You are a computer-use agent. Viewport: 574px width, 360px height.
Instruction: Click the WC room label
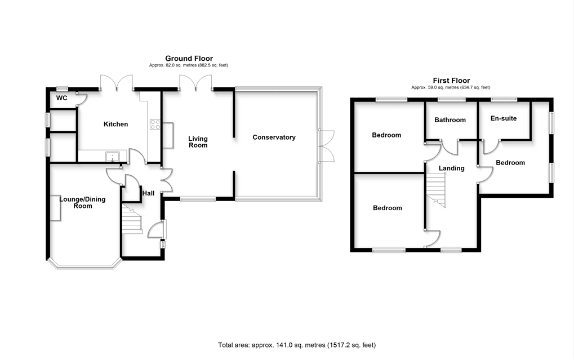pyautogui.click(x=62, y=98)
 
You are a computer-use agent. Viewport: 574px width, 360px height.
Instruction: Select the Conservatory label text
pyautogui.click(x=274, y=137)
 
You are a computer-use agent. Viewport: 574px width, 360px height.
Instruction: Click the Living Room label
pyautogui.click(x=198, y=142)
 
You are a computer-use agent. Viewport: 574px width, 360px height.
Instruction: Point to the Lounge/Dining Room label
pyautogui.click(x=82, y=202)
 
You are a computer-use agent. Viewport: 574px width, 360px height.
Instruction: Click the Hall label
pyautogui.click(x=148, y=193)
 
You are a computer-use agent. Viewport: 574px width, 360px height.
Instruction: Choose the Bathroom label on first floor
pyautogui.click(x=450, y=120)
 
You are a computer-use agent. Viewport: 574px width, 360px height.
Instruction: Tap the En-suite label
pyautogui.click(x=504, y=119)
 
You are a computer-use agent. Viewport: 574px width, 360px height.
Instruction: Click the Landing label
pyautogui.click(x=451, y=168)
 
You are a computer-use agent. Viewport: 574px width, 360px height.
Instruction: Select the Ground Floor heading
pyautogui.click(x=189, y=59)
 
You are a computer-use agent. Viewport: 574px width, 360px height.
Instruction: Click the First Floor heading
pyautogui.click(x=451, y=81)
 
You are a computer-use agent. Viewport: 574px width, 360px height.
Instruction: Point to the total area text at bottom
pyautogui.click(x=296, y=345)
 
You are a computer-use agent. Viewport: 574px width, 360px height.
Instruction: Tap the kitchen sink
pyautogui.click(x=112, y=156)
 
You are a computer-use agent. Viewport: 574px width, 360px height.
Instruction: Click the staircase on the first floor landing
pyautogui.click(x=435, y=190)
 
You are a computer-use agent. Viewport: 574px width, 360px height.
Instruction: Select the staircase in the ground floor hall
pyautogui.click(x=132, y=220)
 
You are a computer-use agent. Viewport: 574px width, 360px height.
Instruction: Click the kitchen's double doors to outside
pyautogui.click(x=117, y=82)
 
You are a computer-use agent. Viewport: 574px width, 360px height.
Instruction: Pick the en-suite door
pyautogui.click(x=490, y=147)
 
